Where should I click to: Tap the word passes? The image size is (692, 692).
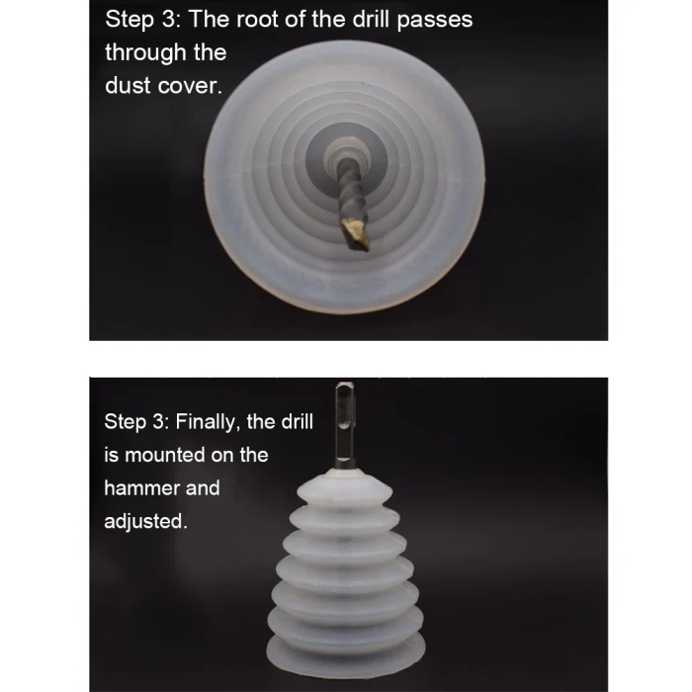[434, 21]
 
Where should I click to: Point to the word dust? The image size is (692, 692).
[128, 86]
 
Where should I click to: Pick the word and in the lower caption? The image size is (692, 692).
[203, 488]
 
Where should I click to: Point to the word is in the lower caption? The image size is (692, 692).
[111, 456]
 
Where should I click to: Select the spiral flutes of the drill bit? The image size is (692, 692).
[351, 194]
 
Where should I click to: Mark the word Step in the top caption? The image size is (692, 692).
[130, 21]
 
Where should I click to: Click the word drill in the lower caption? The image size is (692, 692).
[298, 422]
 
